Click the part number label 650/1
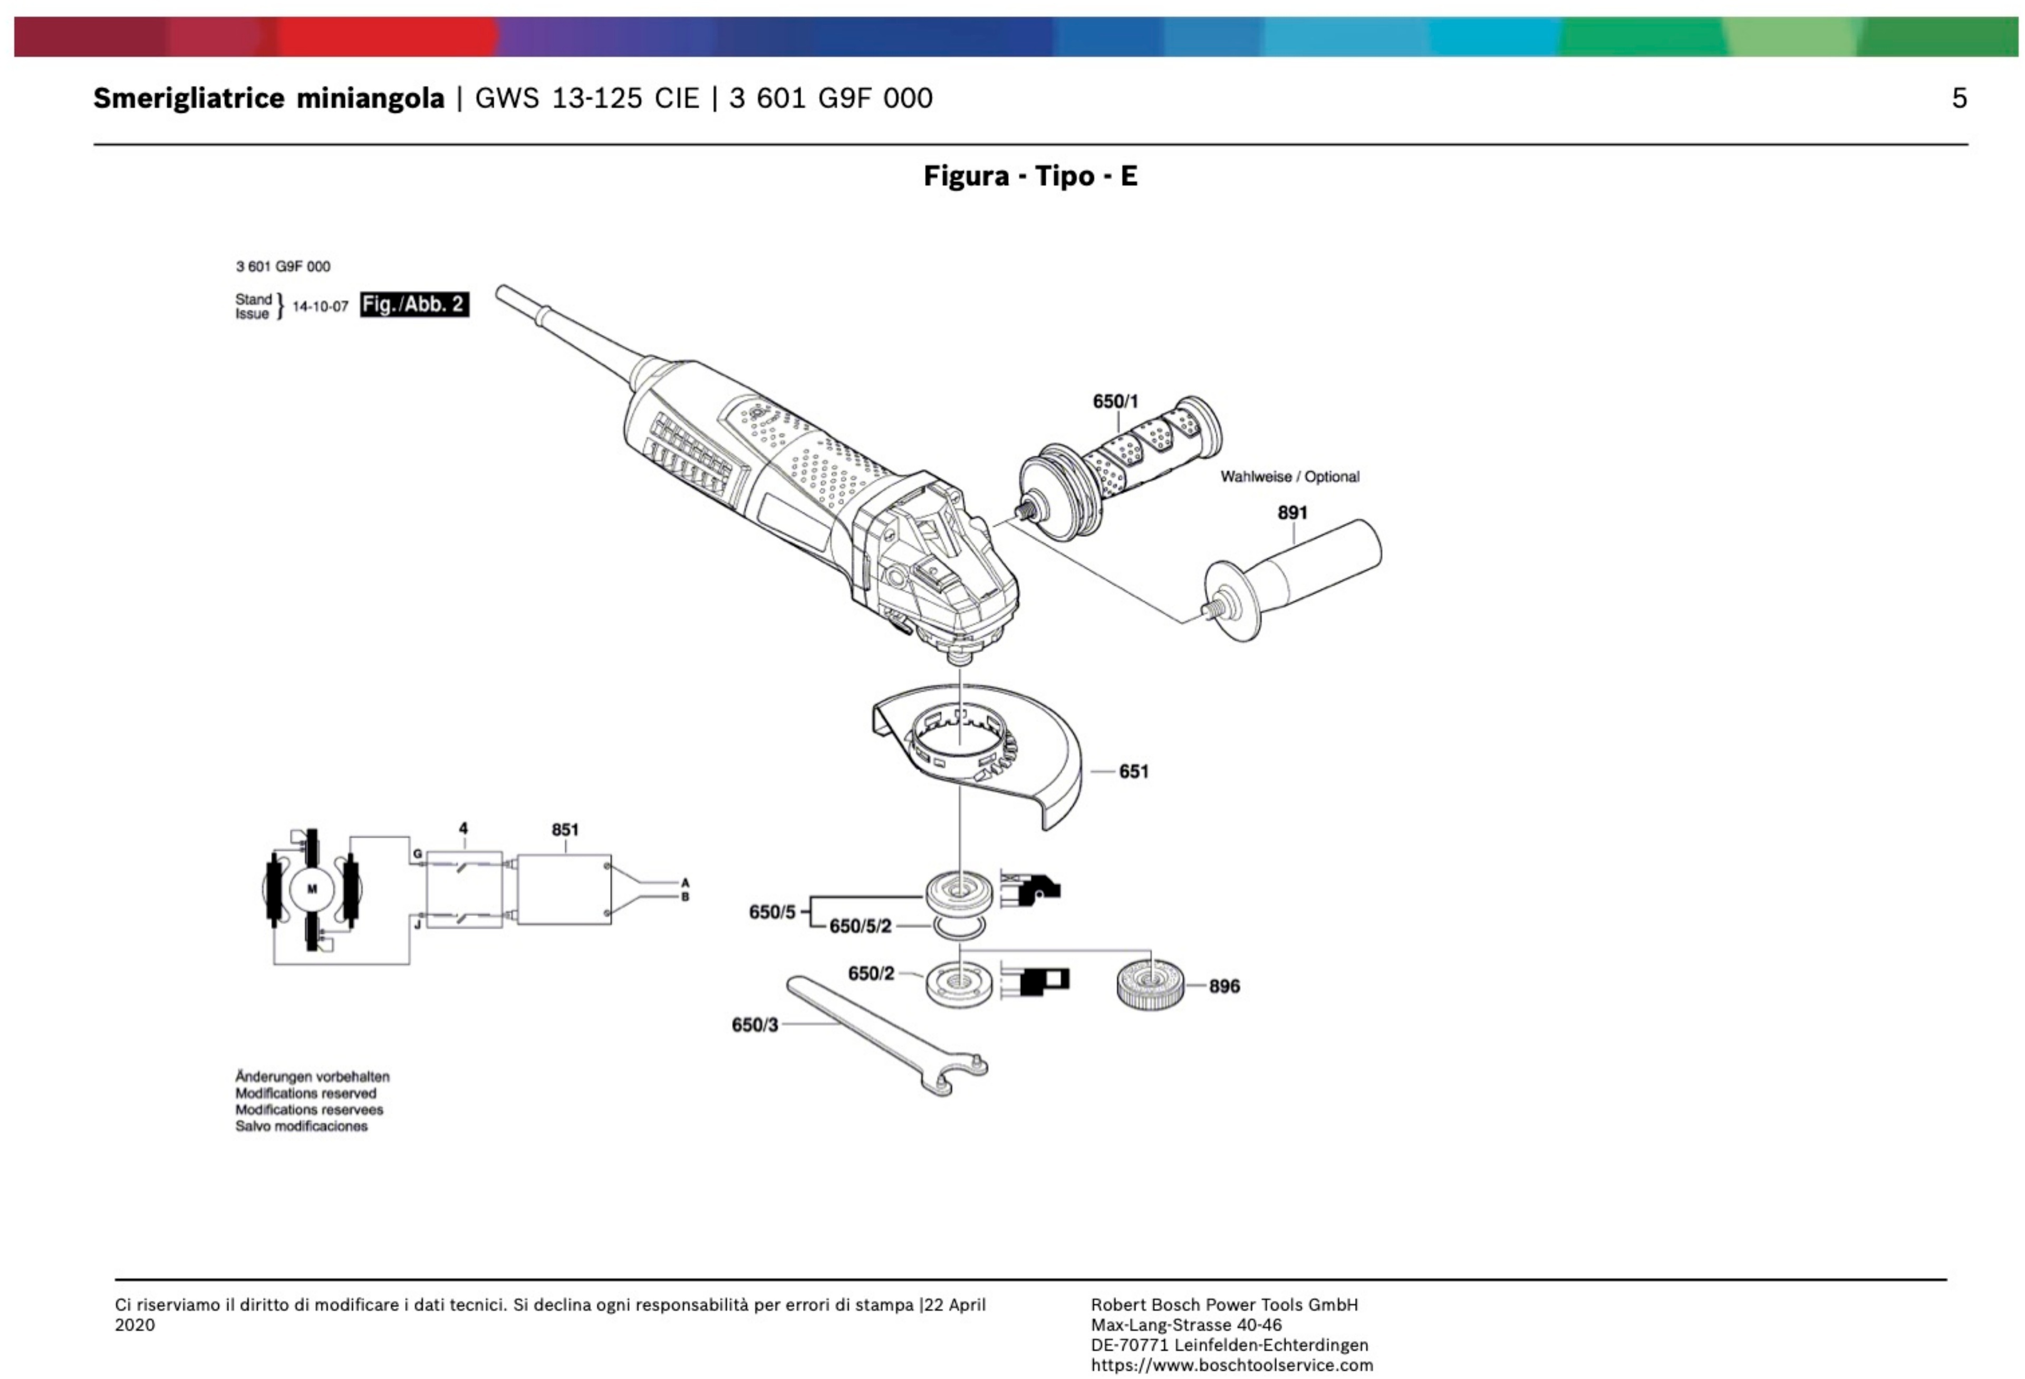tap(1115, 402)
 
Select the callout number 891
tap(1292, 513)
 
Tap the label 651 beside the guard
tap(1134, 772)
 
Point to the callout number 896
tap(1224, 986)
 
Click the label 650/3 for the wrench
tap(755, 1025)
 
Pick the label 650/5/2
tap(860, 926)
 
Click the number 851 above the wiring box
tap(565, 830)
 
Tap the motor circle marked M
tap(312, 889)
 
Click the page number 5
tap(1959, 99)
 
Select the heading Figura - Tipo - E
tap(1031, 177)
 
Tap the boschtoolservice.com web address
tap(1232, 1365)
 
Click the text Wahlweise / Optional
tap(1289, 477)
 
